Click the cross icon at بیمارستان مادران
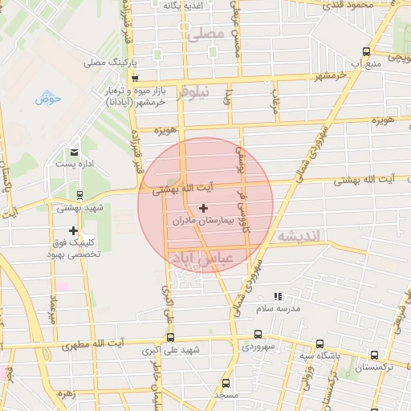(202, 208)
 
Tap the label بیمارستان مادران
(202, 219)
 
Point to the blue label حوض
(48, 100)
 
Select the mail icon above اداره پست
(75, 152)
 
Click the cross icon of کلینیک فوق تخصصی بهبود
(74, 230)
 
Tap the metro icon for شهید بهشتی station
(79, 194)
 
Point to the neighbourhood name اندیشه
(298, 237)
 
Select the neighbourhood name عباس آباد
(203, 258)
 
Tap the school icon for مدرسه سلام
(279, 297)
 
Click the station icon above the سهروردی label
(258, 334)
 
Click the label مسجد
(226, 396)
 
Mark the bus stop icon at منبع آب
(367, 51)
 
